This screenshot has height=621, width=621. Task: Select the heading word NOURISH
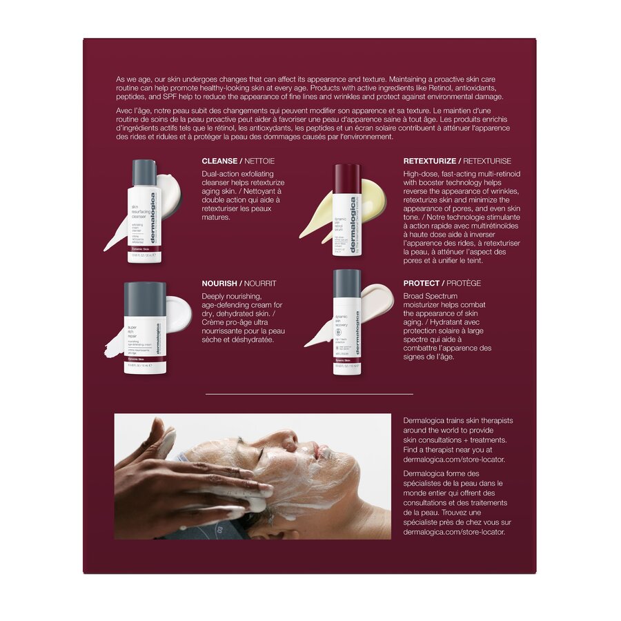point(220,284)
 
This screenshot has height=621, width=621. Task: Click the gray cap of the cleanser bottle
point(144,172)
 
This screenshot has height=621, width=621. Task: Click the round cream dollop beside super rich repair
point(179,314)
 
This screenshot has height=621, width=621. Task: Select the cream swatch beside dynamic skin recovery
point(377,300)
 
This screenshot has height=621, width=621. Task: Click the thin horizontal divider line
point(309,394)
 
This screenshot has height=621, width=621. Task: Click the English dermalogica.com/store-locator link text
point(454,459)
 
